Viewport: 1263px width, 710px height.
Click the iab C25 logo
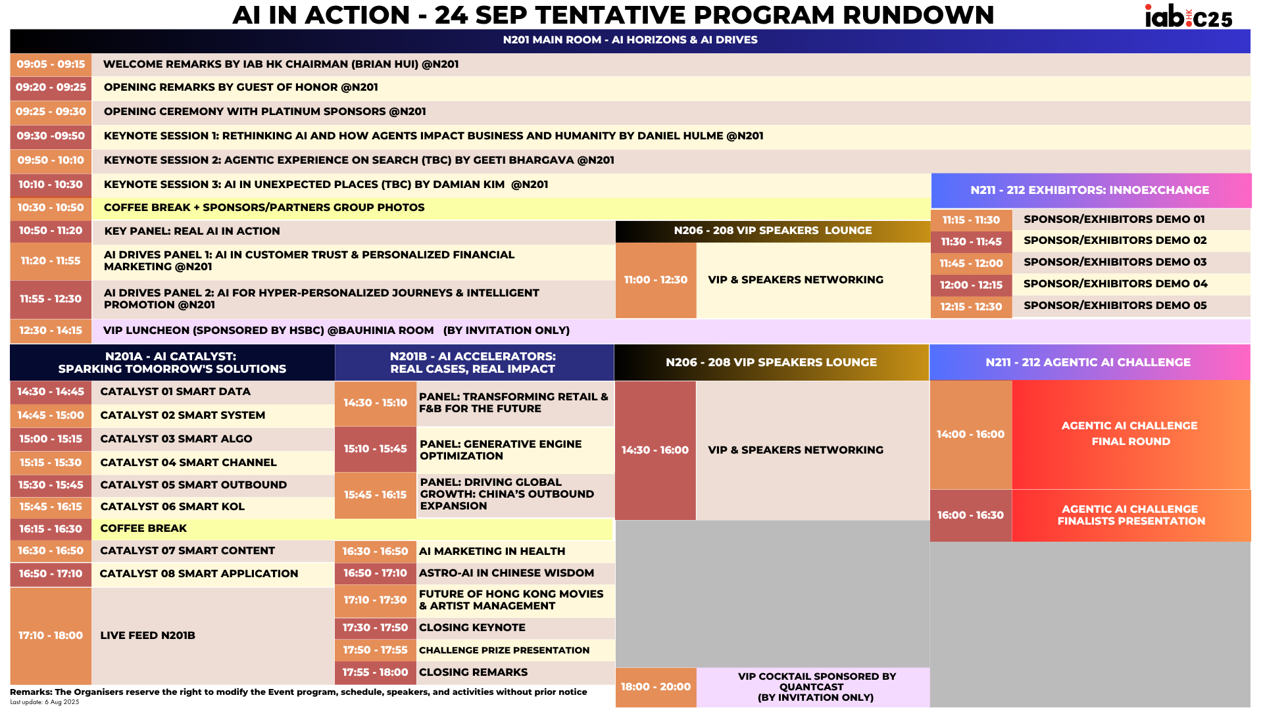pos(1188,16)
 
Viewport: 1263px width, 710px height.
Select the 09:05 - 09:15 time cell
pos(51,64)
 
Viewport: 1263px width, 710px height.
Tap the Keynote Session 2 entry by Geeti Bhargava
pos(359,160)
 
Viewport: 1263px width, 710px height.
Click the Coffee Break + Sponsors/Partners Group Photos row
pos(264,208)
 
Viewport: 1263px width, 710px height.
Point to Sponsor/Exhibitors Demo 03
pos(1114,262)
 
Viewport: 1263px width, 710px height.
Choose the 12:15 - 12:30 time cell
pos(971,307)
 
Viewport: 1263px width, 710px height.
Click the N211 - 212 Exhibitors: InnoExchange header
pos(1089,190)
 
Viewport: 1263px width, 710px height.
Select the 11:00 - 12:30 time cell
pos(655,280)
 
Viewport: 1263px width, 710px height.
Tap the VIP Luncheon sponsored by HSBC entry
pos(336,331)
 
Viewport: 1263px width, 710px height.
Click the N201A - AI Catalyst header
pos(172,363)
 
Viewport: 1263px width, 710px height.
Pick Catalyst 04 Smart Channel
pos(188,463)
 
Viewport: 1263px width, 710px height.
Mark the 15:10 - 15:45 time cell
pos(375,449)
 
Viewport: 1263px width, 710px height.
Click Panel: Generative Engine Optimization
pos(501,450)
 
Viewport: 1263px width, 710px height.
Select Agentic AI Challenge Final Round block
pos(1130,434)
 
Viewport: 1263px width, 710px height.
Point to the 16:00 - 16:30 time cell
pos(970,515)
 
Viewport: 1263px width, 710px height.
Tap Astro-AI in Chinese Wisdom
pos(506,573)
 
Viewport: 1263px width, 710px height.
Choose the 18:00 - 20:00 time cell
pos(655,687)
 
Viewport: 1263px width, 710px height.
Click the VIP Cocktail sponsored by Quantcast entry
pos(816,687)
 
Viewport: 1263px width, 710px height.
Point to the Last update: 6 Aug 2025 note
pos(44,702)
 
